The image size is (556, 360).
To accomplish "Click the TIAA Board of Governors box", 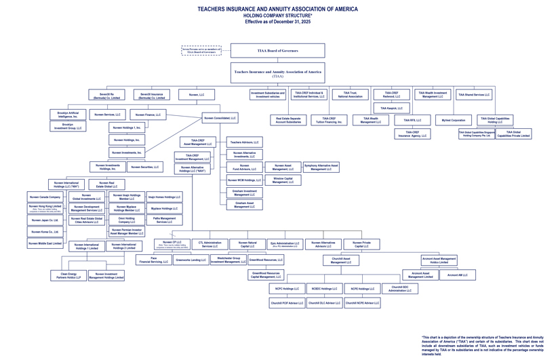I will [277, 51].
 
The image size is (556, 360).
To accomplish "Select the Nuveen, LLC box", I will [197, 95].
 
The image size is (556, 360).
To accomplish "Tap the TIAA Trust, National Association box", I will [350, 95].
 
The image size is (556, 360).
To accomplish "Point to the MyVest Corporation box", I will [454, 120].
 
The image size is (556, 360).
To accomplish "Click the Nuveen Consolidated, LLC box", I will [220, 118].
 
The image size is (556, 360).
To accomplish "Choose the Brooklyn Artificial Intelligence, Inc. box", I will [68, 115].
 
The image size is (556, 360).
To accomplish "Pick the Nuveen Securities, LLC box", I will [145, 167].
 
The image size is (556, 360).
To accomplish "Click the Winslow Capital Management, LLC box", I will [283, 180].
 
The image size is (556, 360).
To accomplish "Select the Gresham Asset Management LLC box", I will [245, 205].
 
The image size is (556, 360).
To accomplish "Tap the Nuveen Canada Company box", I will [45, 197].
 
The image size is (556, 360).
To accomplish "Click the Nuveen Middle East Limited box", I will [45, 243].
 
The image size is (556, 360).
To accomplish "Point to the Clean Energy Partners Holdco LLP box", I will [68, 276].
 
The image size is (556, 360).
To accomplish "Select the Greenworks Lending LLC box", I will [191, 260].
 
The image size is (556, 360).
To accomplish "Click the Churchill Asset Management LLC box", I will [341, 260].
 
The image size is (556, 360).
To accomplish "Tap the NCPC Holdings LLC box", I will [286, 289].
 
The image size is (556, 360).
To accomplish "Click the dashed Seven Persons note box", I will [201, 51].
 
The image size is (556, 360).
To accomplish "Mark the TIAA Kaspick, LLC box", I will [391, 108].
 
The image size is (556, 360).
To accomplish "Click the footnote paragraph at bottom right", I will [483, 344].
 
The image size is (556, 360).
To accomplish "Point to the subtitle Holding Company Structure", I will [277, 16].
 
